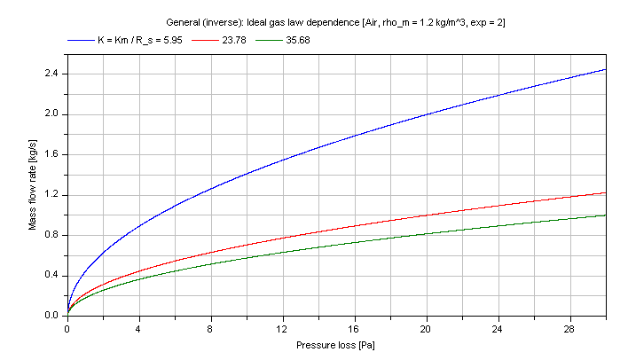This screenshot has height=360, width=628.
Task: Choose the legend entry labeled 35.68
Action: pyautogui.click(x=297, y=40)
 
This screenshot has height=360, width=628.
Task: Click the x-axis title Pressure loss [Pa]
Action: pyautogui.click(x=336, y=343)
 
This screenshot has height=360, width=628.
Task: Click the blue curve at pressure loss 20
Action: pyautogui.click(x=426, y=114)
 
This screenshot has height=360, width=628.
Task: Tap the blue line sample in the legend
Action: pyautogui.click(x=80, y=40)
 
